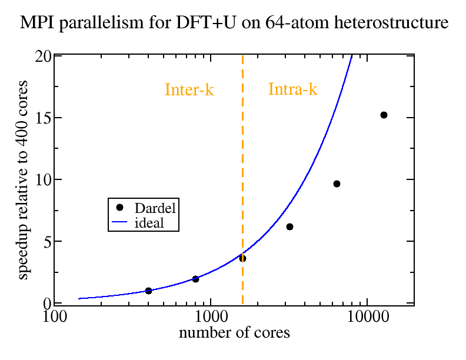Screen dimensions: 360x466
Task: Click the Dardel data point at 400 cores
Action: (x=148, y=291)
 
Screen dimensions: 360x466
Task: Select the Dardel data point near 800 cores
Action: (x=195, y=279)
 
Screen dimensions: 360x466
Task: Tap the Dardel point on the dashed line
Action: (x=242, y=258)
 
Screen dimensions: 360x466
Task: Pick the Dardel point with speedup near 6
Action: (x=289, y=226)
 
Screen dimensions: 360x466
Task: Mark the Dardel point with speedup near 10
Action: (x=337, y=184)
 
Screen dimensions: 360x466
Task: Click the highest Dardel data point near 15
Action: (x=384, y=115)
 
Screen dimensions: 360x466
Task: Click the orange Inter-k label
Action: (x=189, y=90)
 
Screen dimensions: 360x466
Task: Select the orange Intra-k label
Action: (x=293, y=90)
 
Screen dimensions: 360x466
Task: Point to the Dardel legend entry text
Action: (x=155, y=208)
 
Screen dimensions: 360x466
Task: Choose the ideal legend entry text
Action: (x=149, y=223)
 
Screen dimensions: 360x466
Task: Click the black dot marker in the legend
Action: (x=119, y=208)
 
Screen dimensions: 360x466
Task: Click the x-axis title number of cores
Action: (x=234, y=333)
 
